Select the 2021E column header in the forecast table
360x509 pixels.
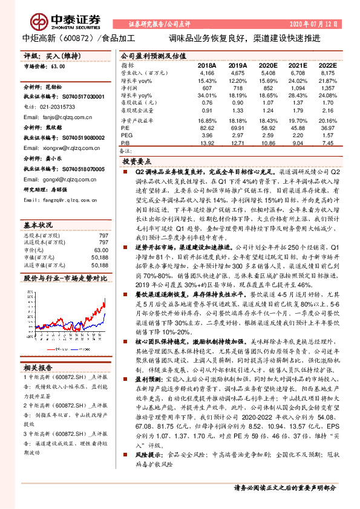[x=297, y=65]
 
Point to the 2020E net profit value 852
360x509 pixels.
[x=267, y=88]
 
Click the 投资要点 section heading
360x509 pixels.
[x=137, y=161]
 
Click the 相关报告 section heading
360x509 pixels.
[x=39, y=368]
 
